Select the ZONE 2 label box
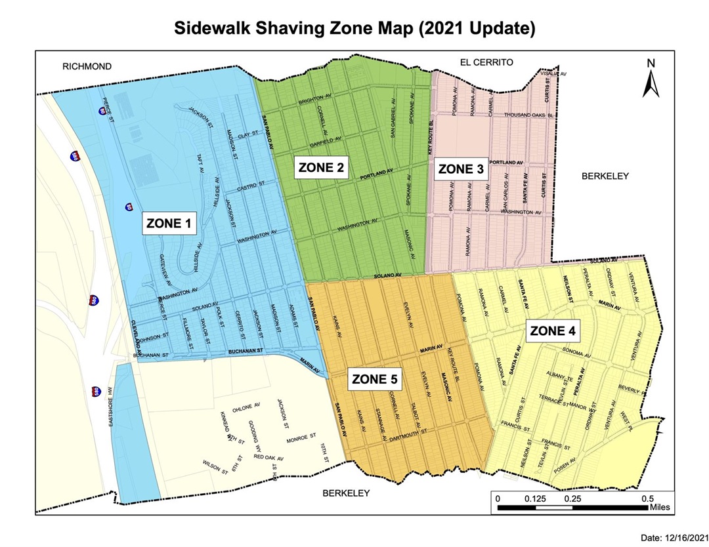click(x=321, y=168)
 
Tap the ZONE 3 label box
click(x=461, y=170)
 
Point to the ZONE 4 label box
click(x=553, y=331)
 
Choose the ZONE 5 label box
click(x=374, y=379)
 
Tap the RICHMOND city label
click(x=87, y=66)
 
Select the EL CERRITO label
click(x=486, y=62)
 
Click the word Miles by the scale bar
click(x=658, y=507)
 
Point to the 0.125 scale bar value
click(x=536, y=498)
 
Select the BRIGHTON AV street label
click(x=316, y=101)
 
